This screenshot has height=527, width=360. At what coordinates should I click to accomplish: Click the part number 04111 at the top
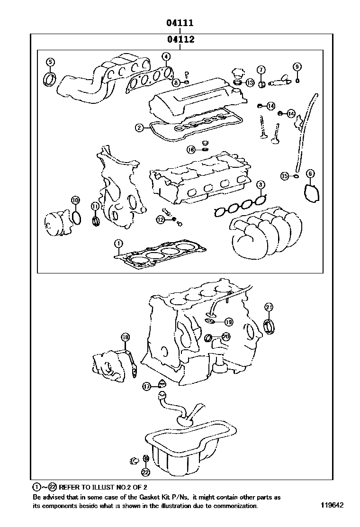(x=180, y=22)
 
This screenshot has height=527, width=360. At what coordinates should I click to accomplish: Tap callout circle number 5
(x=50, y=62)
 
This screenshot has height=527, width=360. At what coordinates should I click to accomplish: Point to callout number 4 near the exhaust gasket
(x=165, y=57)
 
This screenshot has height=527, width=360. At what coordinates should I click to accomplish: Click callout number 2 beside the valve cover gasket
(x=139, y=127)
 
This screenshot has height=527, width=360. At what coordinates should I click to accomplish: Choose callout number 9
(x=297, y=66)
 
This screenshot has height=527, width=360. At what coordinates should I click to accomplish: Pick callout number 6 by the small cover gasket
(x=310, y=173)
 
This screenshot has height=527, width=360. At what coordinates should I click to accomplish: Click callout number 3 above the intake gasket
(x=261, y=184)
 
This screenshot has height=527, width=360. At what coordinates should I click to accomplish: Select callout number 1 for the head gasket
(x=118, y=244)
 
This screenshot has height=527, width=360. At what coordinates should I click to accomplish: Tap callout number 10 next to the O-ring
(x=75, y=200)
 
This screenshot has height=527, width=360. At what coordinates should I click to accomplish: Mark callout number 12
(x=161, y=219)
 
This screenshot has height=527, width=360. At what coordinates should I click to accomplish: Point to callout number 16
(x=191, y=150)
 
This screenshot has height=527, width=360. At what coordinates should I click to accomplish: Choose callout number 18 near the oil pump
(x=125, y=337)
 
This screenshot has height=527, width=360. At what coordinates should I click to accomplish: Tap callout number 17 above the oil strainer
(x=147, y=387)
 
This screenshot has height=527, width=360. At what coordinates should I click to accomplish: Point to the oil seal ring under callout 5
(x=49, y=79)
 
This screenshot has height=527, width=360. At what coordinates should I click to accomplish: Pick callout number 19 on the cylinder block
(x=228, y=322)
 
